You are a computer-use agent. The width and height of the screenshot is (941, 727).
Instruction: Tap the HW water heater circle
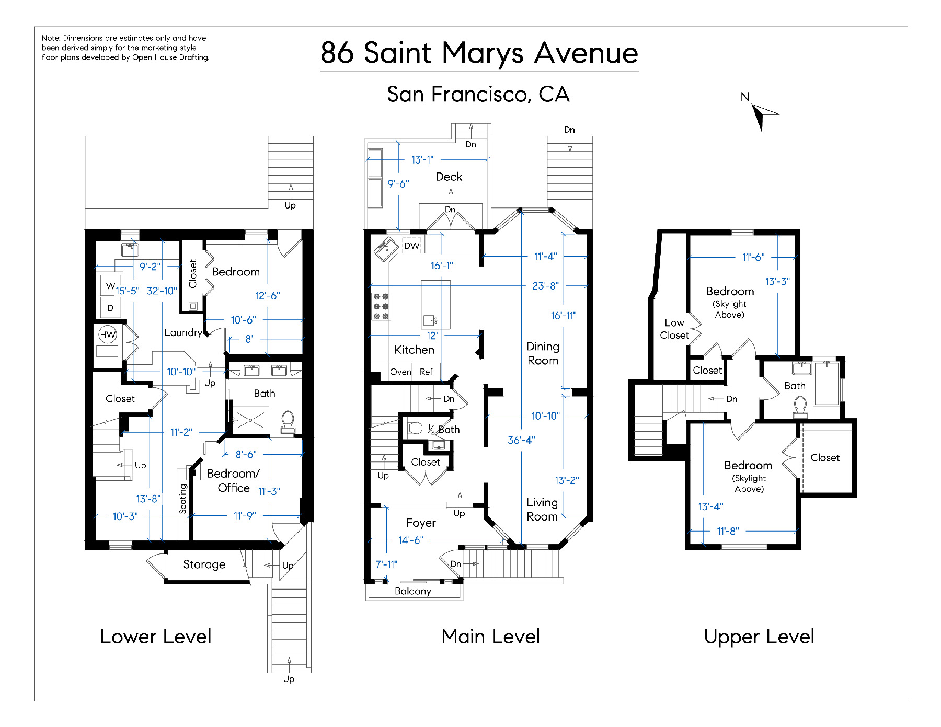coord(108,334)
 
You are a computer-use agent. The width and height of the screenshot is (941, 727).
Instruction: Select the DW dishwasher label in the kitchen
coord(412,246)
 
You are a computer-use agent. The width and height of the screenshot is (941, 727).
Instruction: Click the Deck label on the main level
coord(449,177)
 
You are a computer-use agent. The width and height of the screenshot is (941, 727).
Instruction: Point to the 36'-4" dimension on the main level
coord(521,440)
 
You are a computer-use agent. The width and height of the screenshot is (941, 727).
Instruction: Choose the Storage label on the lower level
coord(204,564)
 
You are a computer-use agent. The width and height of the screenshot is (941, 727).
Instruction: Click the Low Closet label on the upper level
coord(674,329)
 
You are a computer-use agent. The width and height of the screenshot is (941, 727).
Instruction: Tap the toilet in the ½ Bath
coord(415,428)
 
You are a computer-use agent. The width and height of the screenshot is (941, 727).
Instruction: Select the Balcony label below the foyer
coord(413,591)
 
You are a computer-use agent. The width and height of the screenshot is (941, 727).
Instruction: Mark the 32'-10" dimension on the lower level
coord(162,291)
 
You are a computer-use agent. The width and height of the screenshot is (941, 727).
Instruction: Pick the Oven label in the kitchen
coord(400,372)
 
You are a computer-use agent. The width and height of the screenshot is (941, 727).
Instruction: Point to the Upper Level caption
coord(759,637)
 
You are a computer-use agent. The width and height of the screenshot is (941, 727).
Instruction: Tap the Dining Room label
coord(543,353)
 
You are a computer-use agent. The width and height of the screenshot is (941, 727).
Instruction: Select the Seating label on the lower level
coord(182,499)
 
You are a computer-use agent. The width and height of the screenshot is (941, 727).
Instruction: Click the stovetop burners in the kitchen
coord(381,306)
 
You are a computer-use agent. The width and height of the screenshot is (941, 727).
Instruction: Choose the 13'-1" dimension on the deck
coord(422,159)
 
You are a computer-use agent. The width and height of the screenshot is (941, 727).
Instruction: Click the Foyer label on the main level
coord(421,523)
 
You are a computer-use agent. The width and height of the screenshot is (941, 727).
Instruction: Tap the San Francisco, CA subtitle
coord(478,95)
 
